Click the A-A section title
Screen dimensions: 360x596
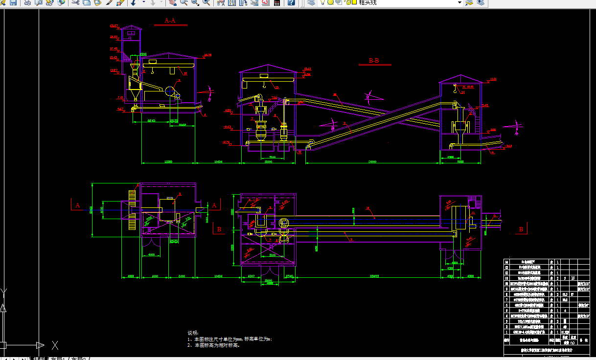[x=170, y=21]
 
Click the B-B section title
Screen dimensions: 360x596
[x=374, y=61]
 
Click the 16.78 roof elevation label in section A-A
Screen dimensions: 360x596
[x=207, y=55]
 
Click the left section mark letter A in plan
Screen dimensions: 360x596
[x=77, y=205]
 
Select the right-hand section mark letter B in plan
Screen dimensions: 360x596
[x=521, y=229]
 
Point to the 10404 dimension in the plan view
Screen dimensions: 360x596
[x=218, y=277]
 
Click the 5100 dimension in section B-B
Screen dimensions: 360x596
[x=272, y=157]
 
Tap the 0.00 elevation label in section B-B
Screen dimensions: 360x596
[x=493, y=130]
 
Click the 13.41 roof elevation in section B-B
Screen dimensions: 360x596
[x=308, y=69]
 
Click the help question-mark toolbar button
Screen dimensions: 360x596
[x=291, y=2]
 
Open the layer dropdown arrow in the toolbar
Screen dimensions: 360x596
[x=459, y=2]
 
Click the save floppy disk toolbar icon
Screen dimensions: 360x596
[x=13, y=2]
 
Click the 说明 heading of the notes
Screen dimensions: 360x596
[x=193, y=333]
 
